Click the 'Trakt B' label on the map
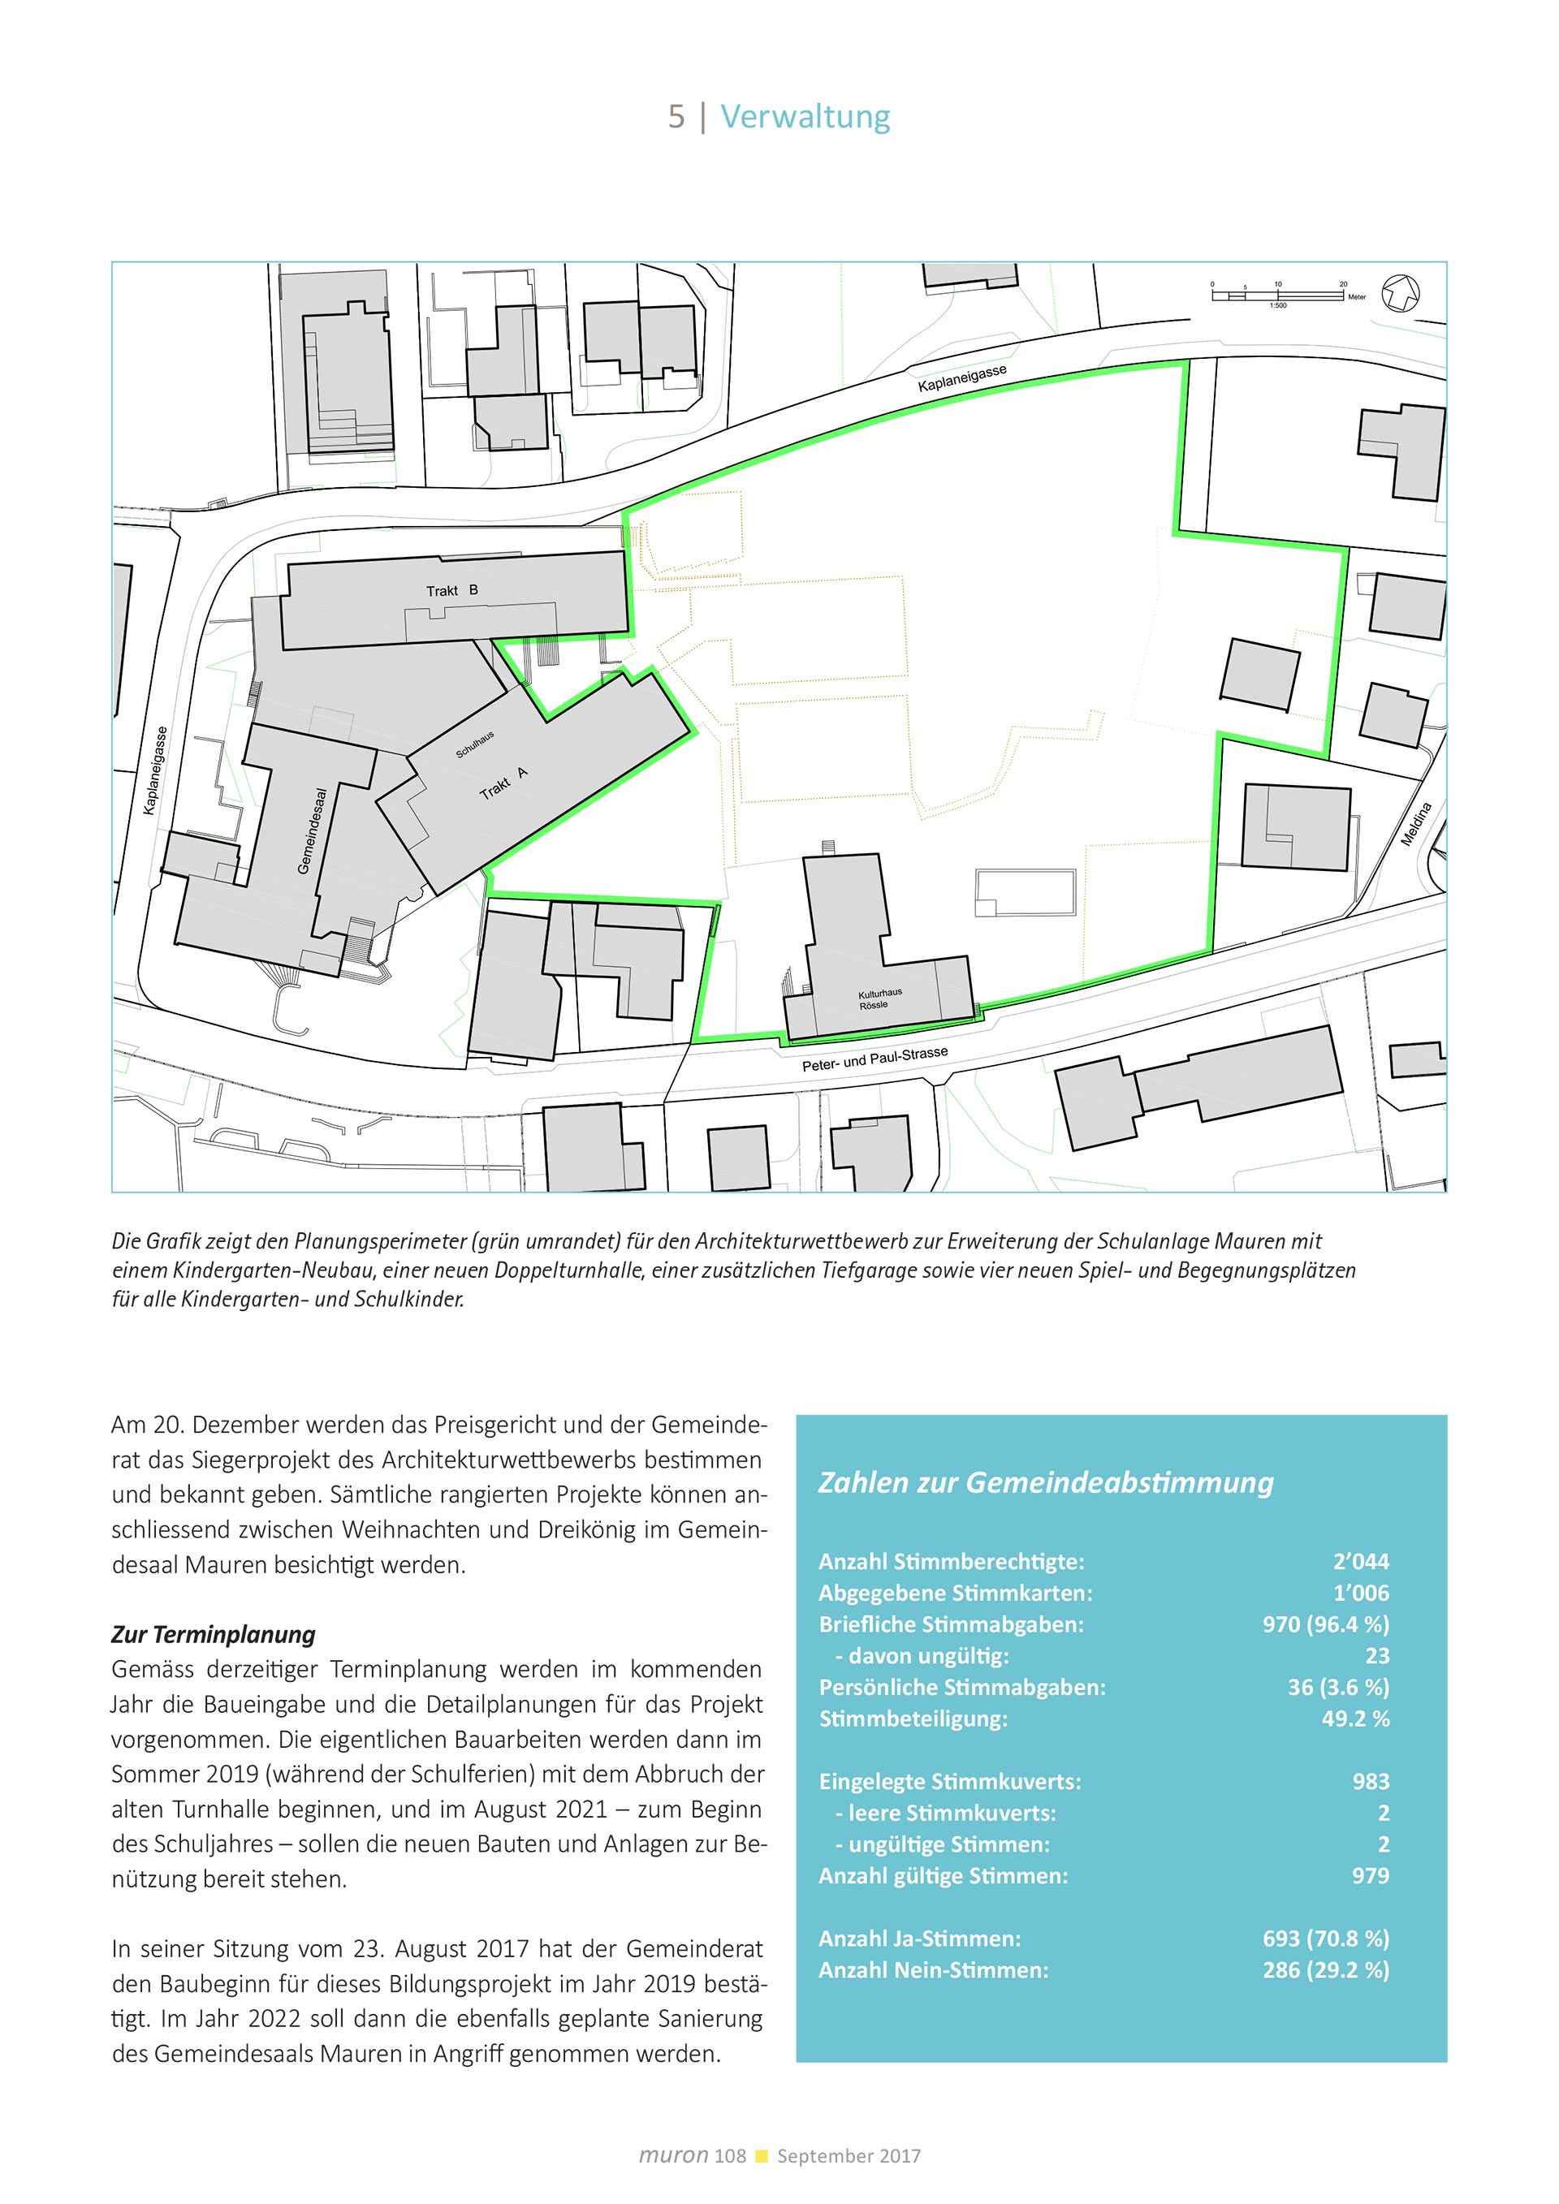point(452,590)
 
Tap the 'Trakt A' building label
point(503,783)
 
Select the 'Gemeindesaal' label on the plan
point(312,831)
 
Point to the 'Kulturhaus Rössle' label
point(879,998)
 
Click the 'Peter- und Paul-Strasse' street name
point(875,1059)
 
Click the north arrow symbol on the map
point(1401,293)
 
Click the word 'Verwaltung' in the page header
point(805,116)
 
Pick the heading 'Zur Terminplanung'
point(213,1634)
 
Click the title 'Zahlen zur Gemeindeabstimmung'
point(1045,1482)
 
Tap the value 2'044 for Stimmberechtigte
point(1360,1561)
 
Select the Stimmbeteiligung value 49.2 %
point(1354,1719)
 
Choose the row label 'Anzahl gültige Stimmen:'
point(943,1876)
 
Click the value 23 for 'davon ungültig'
point(1376,1655)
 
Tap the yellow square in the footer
point(762,2156)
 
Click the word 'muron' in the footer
point(673,2155)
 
